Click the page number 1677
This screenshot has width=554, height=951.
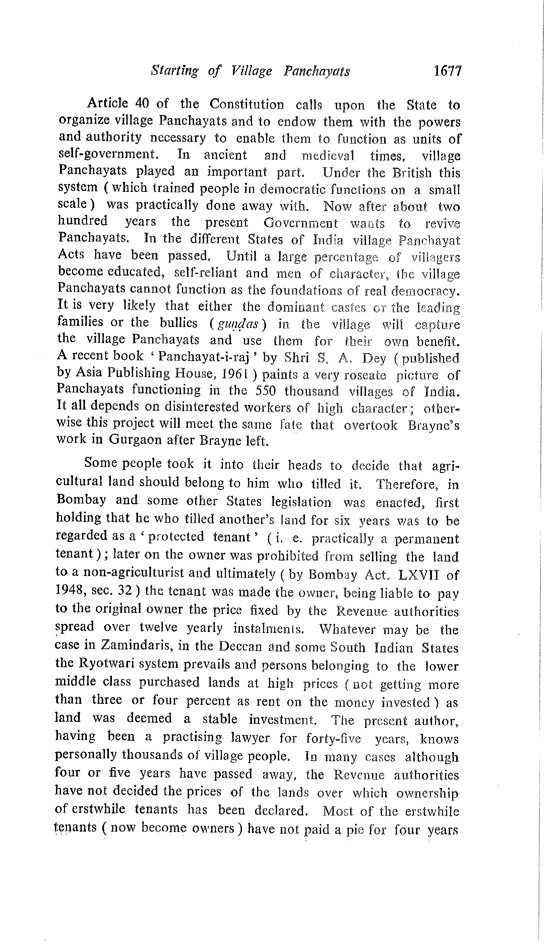(447, 71)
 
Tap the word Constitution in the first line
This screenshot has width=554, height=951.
(247, 104)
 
